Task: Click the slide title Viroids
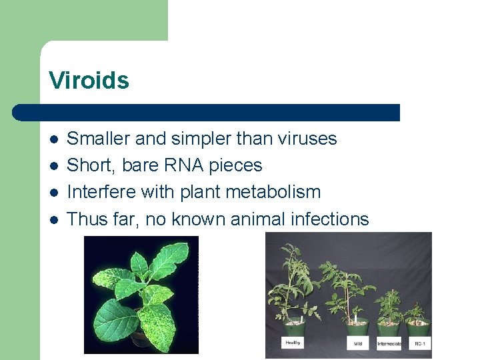(x=89, y=81)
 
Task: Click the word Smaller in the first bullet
(x=99, y=139)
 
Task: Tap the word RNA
(x=191, y=165)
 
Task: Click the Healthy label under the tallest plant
(x=293, y=343)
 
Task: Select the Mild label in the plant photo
(x=357, y=345)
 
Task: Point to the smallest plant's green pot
(x=419, y=329)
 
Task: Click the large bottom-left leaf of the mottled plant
(x=113, y=318)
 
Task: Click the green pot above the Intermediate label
(x=388, y=330)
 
